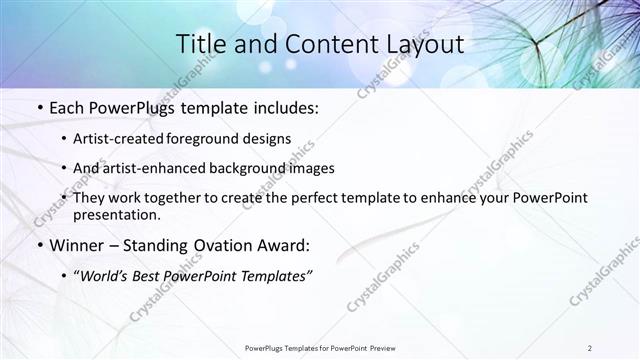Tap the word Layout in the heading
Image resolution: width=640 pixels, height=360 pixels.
click(419, 44)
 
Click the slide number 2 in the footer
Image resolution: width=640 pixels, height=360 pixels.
click(590, 348)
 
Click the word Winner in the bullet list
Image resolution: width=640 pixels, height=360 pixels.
click(79, 244)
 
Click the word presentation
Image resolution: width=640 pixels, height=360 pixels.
click(116, 214)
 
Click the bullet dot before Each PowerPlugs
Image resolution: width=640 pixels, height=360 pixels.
click(38, 107)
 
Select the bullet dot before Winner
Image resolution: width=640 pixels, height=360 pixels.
click(38, 244)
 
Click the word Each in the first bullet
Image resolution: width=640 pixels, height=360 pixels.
click(66, 107)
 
